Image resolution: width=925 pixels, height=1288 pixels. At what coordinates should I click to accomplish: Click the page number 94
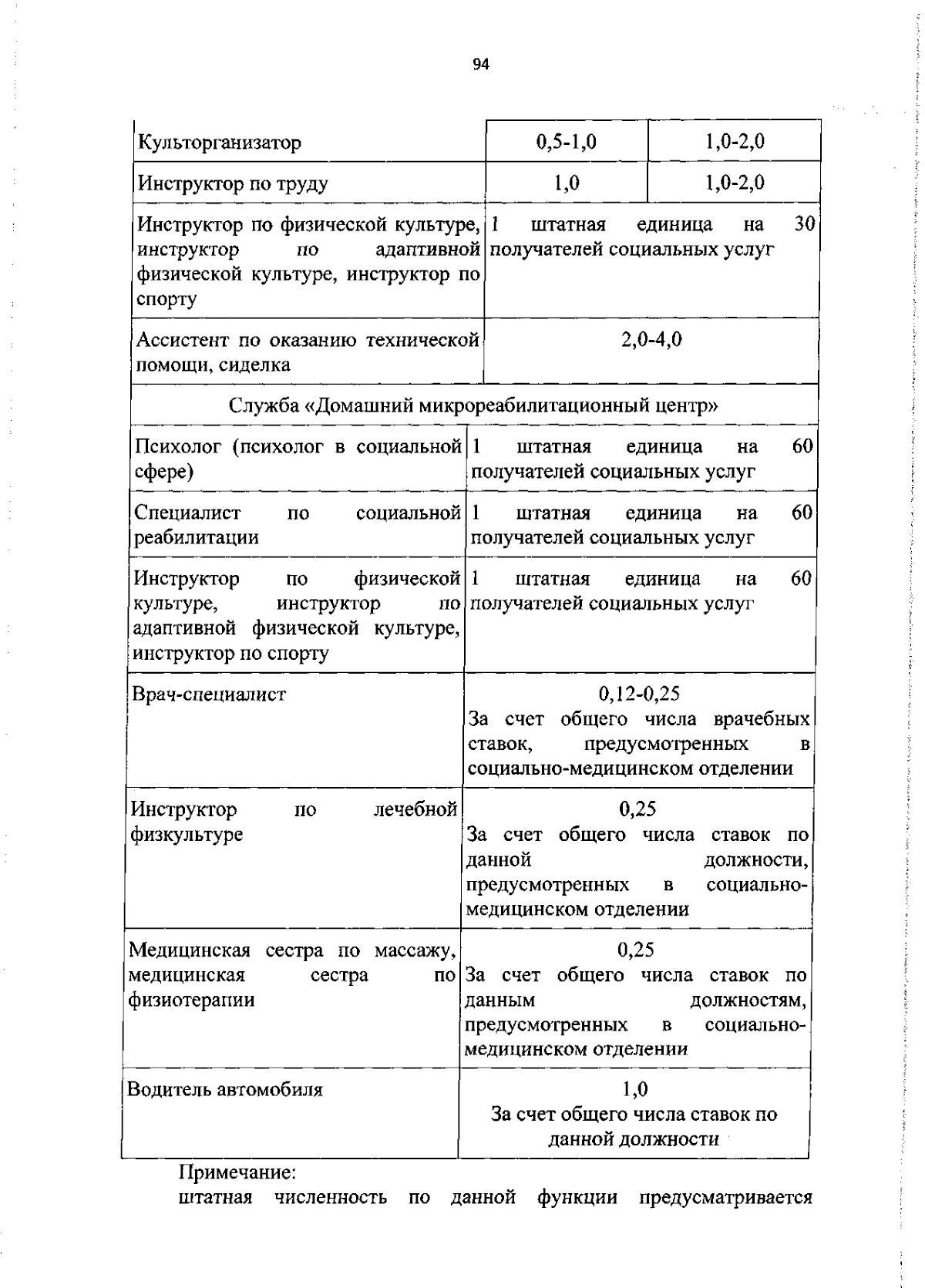tap(481, 65)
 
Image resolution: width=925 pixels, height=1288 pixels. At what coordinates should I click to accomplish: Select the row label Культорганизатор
tap(219, 143)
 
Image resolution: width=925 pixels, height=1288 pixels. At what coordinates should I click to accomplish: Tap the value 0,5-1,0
tap(567, 142)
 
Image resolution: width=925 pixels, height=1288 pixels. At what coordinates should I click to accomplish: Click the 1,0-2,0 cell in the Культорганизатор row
tap(735, 142)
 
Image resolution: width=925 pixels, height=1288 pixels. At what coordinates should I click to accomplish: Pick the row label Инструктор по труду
tap(232, 183)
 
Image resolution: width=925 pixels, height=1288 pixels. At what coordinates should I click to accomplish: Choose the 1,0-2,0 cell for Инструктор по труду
tap(735, 183)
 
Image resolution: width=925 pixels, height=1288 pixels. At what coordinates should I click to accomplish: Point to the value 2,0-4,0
tap(651, 340)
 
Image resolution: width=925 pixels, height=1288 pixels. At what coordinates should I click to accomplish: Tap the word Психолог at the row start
tap(178, 446)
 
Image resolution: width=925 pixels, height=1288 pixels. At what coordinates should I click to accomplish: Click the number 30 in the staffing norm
tap(805, 224)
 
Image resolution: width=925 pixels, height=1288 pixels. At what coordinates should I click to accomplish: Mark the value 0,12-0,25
tap(639, 694)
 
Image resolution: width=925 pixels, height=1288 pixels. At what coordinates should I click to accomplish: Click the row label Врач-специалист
tap(209, 694)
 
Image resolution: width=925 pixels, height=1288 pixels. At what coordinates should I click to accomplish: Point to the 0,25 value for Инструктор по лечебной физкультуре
tap(637, 809)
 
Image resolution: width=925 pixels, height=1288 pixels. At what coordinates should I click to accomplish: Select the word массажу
tap(416, 950)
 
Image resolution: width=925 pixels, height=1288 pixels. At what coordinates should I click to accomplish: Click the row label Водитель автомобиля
tap(224, 1089)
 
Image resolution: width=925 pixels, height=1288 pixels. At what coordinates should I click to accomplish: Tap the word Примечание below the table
tap(237, 1172)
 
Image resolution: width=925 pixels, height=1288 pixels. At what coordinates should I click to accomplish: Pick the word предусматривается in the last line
tap(725, 1197)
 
